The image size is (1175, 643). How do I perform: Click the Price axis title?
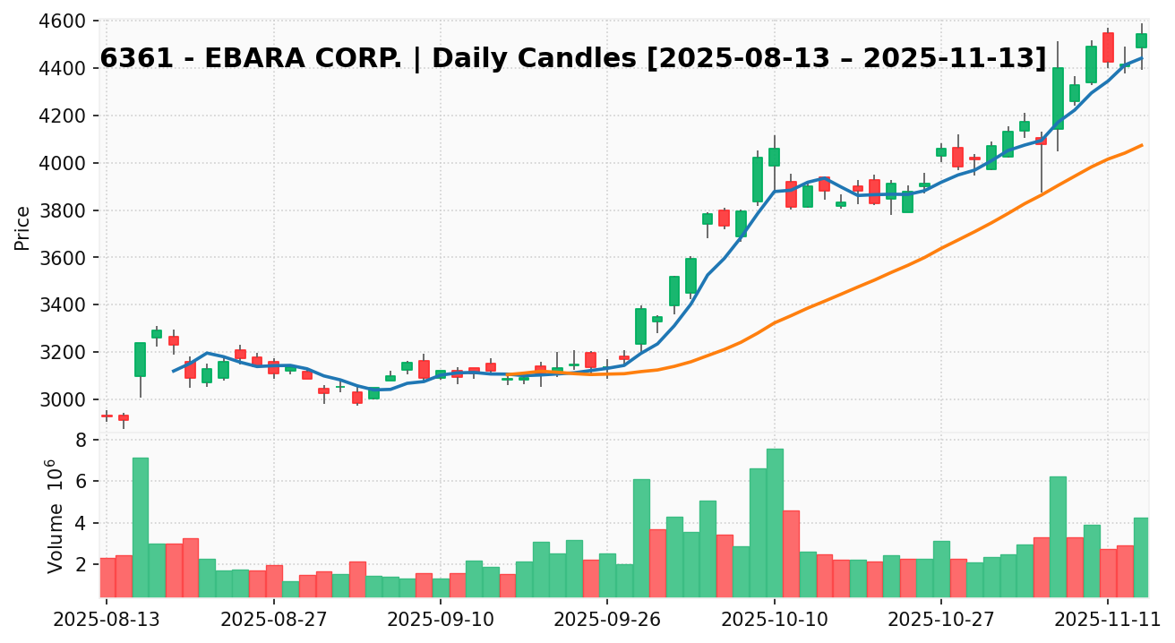click(23, 227)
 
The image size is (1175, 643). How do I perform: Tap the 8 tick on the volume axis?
click(81, 441)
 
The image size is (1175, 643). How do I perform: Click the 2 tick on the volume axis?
click(81, 565)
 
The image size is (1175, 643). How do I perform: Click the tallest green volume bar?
click(775, 522)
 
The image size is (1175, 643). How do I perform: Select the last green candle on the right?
click(1141, 40)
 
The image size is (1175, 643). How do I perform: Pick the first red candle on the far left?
click(107, 416)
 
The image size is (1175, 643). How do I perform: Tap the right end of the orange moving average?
click(1141, 145)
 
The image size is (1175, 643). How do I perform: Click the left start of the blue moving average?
click(173, 371)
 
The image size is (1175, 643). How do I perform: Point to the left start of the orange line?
click(507, 374)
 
